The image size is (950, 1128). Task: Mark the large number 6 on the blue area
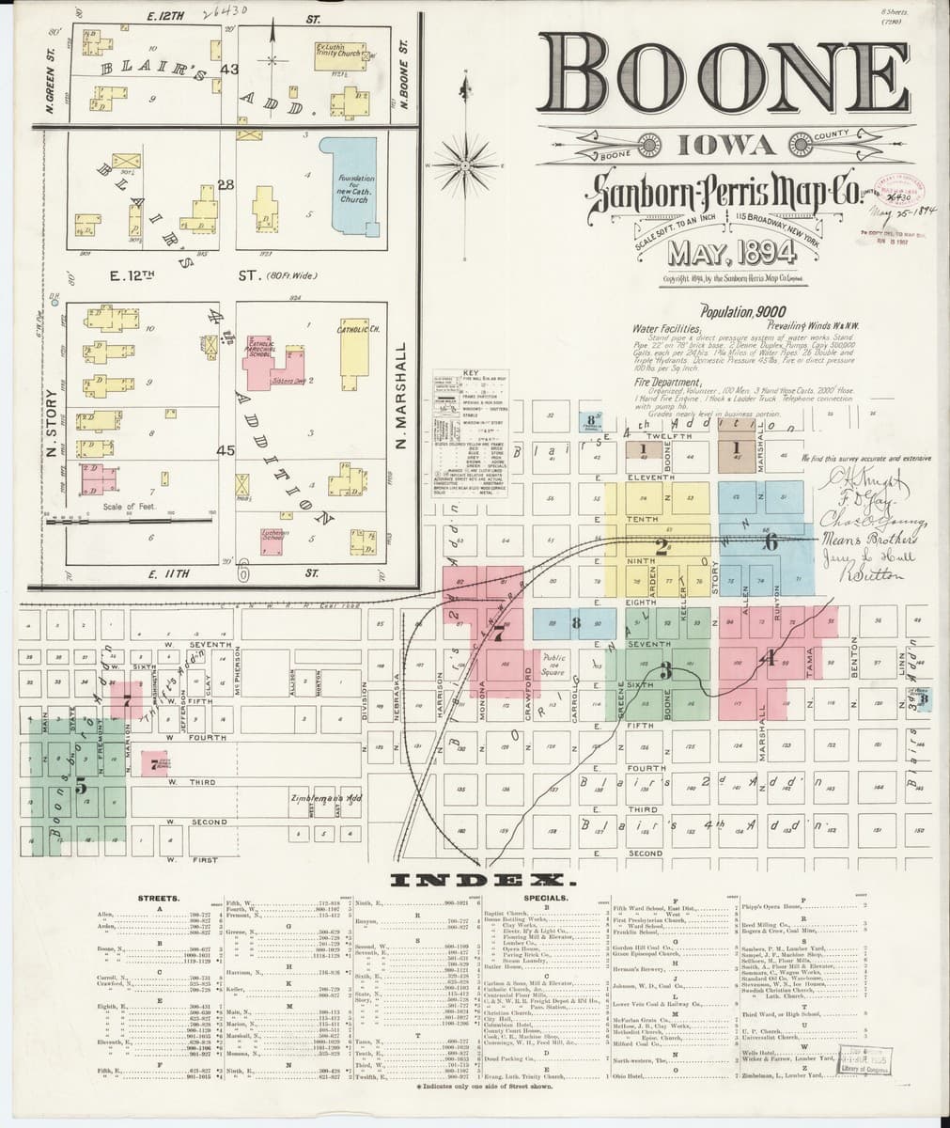tap(771, 542)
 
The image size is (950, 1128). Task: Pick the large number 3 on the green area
tap(665, 670)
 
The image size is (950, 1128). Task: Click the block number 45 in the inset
tap(225, 451)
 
